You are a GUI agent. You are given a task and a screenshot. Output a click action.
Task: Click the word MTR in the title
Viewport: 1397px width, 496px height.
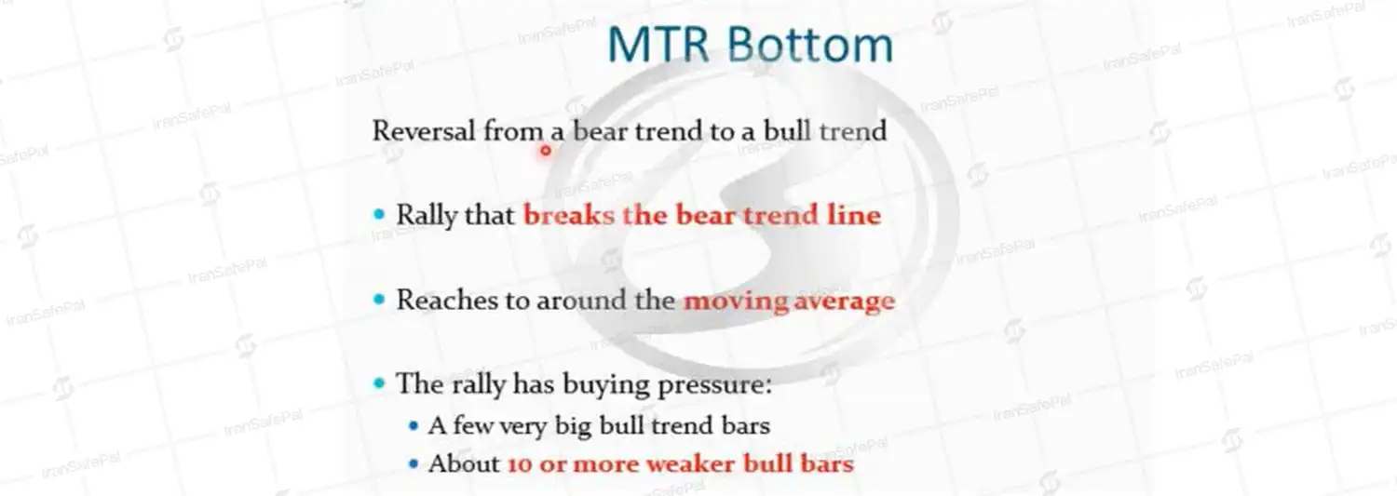click(658, 45)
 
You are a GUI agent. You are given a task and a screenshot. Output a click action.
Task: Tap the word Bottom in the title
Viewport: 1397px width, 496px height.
click(810, 45)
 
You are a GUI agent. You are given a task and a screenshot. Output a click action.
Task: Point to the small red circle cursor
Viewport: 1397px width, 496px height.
click(546, 150)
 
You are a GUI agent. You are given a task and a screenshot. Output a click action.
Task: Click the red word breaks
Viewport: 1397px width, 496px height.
click(569, 215)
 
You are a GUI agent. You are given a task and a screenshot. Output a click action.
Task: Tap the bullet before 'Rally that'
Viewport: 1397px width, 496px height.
click(378, 214)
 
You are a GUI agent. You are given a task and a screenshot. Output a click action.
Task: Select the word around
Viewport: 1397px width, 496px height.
click(582, 300)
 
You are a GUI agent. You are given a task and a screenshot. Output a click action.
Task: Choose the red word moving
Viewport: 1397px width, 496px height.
click(736, 302)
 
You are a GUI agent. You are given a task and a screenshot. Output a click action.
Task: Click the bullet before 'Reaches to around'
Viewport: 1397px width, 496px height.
click(378, 300)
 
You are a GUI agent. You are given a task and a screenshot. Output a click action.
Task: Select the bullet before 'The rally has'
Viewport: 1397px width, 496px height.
click(378, 383)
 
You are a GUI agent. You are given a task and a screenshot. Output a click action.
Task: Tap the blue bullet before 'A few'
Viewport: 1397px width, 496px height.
click(413, 426)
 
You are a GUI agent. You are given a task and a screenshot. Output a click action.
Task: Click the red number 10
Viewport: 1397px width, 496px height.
click(520, 464)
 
